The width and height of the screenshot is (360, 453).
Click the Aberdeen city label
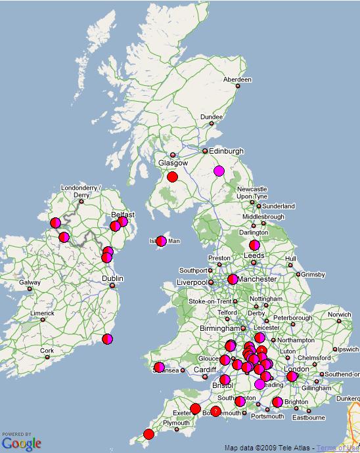point(237,79)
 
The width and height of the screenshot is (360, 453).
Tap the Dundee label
point(212,117)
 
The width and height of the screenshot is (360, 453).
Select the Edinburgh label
point(226,151)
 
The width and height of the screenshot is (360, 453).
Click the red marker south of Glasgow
point(173,177)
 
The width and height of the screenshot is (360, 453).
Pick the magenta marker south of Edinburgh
point(219,171)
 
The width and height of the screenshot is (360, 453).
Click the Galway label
point(30,283)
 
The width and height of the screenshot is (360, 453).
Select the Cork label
point(47,351)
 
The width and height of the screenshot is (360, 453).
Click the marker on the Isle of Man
point(161,241)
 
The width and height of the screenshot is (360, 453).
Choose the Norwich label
point(340,314)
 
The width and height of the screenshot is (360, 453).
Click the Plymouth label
point(176,423)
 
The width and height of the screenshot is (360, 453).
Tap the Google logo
point(21,443)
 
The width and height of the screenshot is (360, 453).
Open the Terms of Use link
point(338,448)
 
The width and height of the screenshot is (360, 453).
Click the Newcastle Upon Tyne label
point(252,192)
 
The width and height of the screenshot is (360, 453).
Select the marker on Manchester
point(233,279)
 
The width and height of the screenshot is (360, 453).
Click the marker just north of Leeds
point(254,246)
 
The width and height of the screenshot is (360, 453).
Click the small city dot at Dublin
point(113,286)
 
